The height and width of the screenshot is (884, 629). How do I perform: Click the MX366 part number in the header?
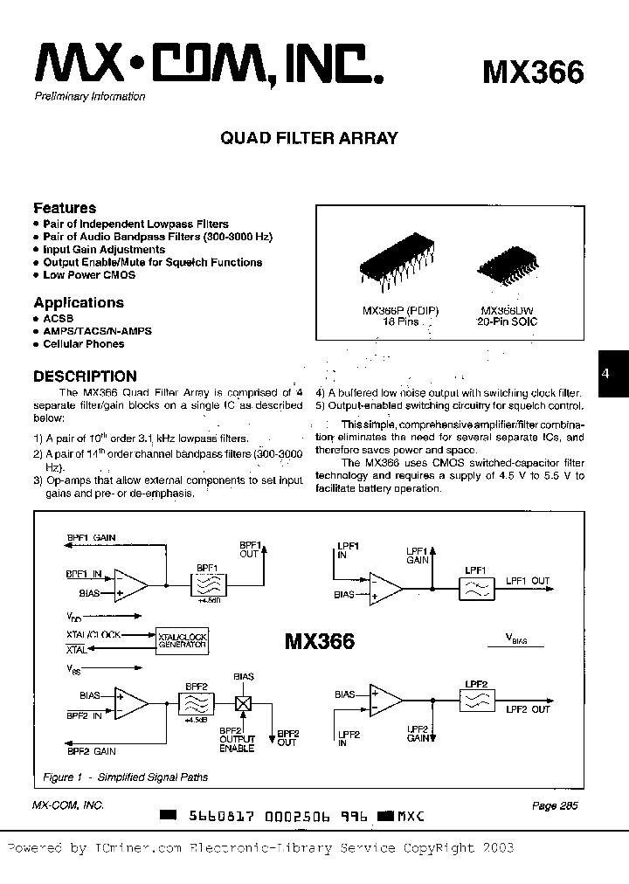[x=532, y=72]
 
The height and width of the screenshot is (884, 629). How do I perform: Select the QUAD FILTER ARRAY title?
[x=310, y=138]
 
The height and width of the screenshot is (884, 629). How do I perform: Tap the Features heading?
[x=65, y=208]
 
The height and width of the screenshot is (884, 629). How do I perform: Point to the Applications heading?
[x=79, y=302]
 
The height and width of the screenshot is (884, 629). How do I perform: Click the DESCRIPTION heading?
[x=85, y=376]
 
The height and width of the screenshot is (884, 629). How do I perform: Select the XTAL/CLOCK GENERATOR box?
[x=181, y=641]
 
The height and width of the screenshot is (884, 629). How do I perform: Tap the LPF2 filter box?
[x=476, y=700]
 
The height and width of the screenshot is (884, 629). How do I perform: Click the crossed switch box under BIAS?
[x=244, y=701]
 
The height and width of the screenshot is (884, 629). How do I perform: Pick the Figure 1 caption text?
[x=125, y=777]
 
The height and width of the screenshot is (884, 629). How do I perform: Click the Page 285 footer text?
[x=554, y=806]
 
